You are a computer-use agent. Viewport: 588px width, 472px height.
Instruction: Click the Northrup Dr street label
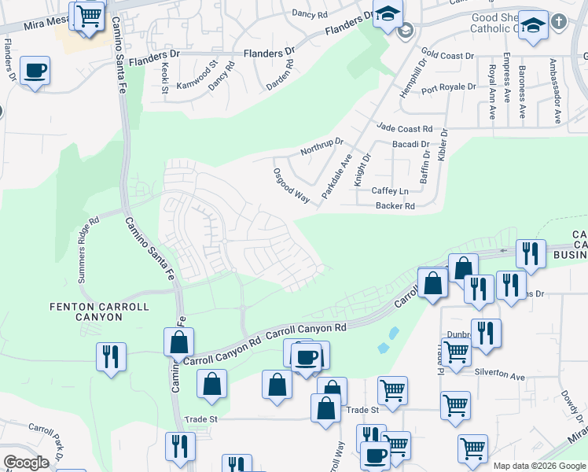pyautogui.click(x=322, y=147)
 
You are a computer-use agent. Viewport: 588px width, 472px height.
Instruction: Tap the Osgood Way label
pyautogui.click(x=291, y=186)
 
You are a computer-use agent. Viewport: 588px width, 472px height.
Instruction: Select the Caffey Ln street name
pyautogui.click(x=391, y=191)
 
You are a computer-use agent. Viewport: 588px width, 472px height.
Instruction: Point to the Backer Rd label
pyautogui.click(x=395, y=206)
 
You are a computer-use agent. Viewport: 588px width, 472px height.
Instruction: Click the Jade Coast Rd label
pyautogui.click(x=405, y=128)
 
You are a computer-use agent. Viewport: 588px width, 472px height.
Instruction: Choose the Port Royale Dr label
pyautogui.click(x=448, y=87)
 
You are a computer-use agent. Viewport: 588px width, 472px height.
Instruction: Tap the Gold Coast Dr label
pyautogui.click(x=448, y=57)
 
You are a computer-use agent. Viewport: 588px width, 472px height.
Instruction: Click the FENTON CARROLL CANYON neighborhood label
pyautogui.click(x=86, y=312)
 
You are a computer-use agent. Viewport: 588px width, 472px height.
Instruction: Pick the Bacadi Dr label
pyautogui.click(x=410, y=145)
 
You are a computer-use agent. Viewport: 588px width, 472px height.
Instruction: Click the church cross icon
pyautogui.click(x=559, y=22)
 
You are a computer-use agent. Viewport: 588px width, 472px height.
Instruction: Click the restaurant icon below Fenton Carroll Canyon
pyautogui.click(x=111, y=356)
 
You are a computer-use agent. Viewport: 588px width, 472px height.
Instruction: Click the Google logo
pyautogui.click(x=26, y=463)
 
